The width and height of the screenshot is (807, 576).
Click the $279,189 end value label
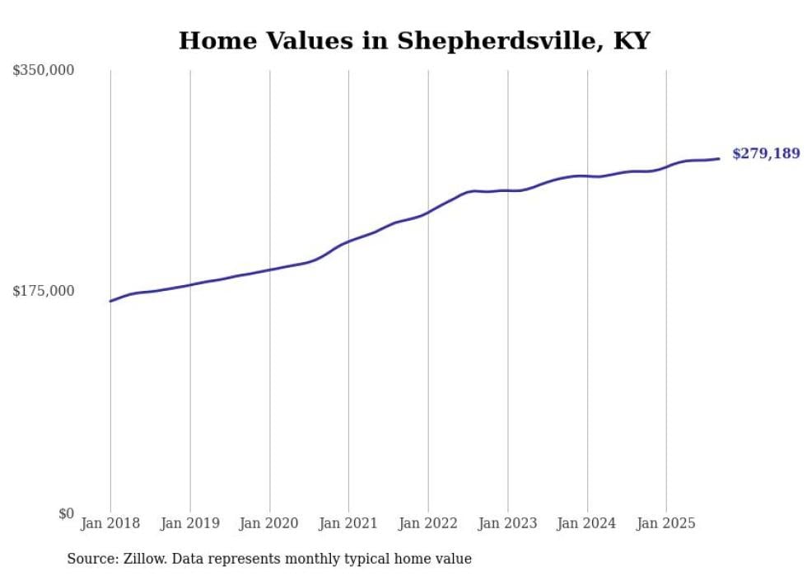(x=765, y=153)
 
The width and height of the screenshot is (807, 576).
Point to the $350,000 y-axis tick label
(x=43, y=71)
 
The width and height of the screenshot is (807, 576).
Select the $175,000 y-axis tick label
(x=43, y=291)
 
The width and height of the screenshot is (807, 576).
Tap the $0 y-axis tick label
(x=66, y=513)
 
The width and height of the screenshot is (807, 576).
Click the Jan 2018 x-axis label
(x=110, y=523)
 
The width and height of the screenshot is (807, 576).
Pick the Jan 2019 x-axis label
(x=190, y=523)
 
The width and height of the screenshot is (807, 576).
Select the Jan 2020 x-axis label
(x=269, y=523)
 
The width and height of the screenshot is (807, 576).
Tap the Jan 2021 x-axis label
(x=348, y=523)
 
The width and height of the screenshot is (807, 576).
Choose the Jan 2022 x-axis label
(x=428, y=523)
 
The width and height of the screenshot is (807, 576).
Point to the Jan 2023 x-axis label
(x=507, y=523)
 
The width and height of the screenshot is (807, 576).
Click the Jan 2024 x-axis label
(x=586, y=523)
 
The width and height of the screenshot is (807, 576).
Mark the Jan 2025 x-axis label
(x=666, y=523)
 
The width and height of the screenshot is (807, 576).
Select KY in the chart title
(x=632, y=40)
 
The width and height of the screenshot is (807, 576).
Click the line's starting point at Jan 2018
(x=110, y=301)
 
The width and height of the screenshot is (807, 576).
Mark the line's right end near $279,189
(x=719, y=158)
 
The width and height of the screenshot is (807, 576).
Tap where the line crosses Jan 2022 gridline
(x=428, y=213)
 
